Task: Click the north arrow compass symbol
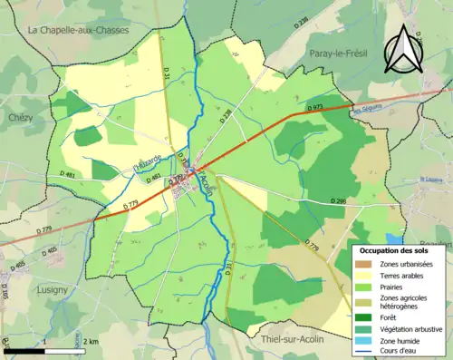coord(400,50)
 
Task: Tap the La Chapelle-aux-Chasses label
coord(79,30)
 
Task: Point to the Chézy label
coord(20,118)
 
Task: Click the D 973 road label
coord(314,108)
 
